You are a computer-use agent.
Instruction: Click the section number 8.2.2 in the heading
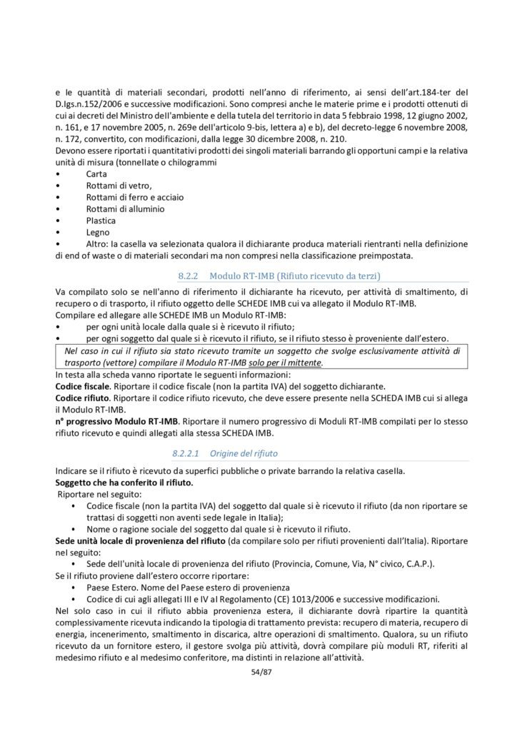tap(187, 275)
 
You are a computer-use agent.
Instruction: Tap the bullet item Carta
tap(96, 173)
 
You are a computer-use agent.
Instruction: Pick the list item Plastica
tap(101, 221)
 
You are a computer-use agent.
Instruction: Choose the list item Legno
tap(98, 232)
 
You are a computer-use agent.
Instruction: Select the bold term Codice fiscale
tap(81, 383)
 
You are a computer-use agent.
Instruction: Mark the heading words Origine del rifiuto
tap(249, 453)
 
